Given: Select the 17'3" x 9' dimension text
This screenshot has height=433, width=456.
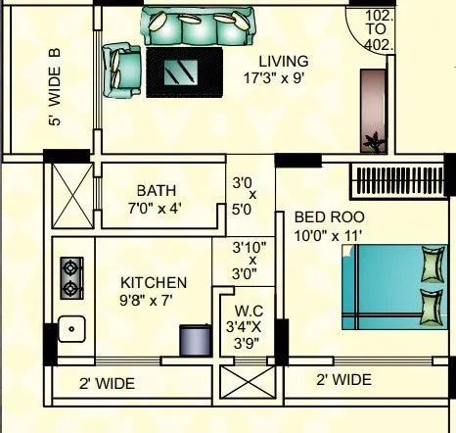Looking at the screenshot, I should pos(282,78).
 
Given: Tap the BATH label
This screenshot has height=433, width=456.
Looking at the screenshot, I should pos(156,189).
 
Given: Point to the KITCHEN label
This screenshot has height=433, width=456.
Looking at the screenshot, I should pos(154,282).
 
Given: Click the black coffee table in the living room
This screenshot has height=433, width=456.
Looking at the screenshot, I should pos(183,71).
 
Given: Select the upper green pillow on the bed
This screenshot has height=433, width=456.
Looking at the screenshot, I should pos(430,264).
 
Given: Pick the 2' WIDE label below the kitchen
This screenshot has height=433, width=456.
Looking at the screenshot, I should pos(107,383).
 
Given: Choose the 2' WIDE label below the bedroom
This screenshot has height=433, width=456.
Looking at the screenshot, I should pos(342,380).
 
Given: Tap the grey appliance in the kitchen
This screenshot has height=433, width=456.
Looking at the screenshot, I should pos(192,338).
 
